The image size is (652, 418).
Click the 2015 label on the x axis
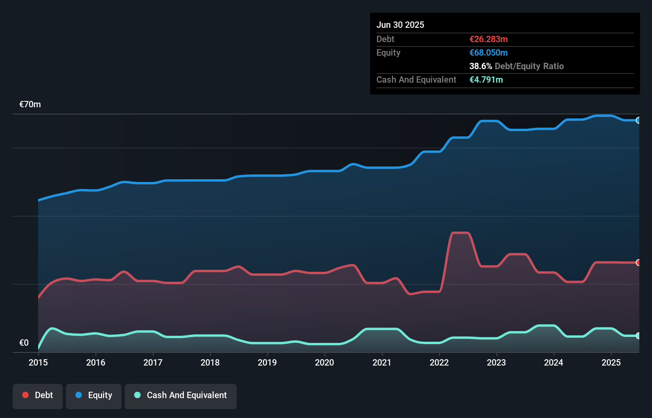pos(38,362)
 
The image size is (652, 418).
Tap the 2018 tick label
pos(210,362)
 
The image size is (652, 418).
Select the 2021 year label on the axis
pos(382,362)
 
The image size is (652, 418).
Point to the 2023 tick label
pos(496,362)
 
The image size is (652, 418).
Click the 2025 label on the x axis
pos(611,362)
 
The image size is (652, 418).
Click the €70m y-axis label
pos(30,104)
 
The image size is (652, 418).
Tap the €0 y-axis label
pos(24,343)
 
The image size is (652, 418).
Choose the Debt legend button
pos(38,395)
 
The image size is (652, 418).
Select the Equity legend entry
pos(94,395)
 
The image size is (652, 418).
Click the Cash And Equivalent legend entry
pos(181,395)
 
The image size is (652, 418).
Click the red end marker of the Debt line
pos(638,263)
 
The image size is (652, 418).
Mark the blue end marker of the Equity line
pos(638,120)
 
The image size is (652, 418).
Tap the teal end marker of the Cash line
pos(638,336)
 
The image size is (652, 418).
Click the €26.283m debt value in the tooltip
pos(488,39)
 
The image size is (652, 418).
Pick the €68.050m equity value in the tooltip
pos(488,53)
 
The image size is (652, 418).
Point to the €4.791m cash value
pos(486,80)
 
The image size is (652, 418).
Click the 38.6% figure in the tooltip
pos(480,66)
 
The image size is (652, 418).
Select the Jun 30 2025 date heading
pos(400,25)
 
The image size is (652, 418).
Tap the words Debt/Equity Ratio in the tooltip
pos(529,66)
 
